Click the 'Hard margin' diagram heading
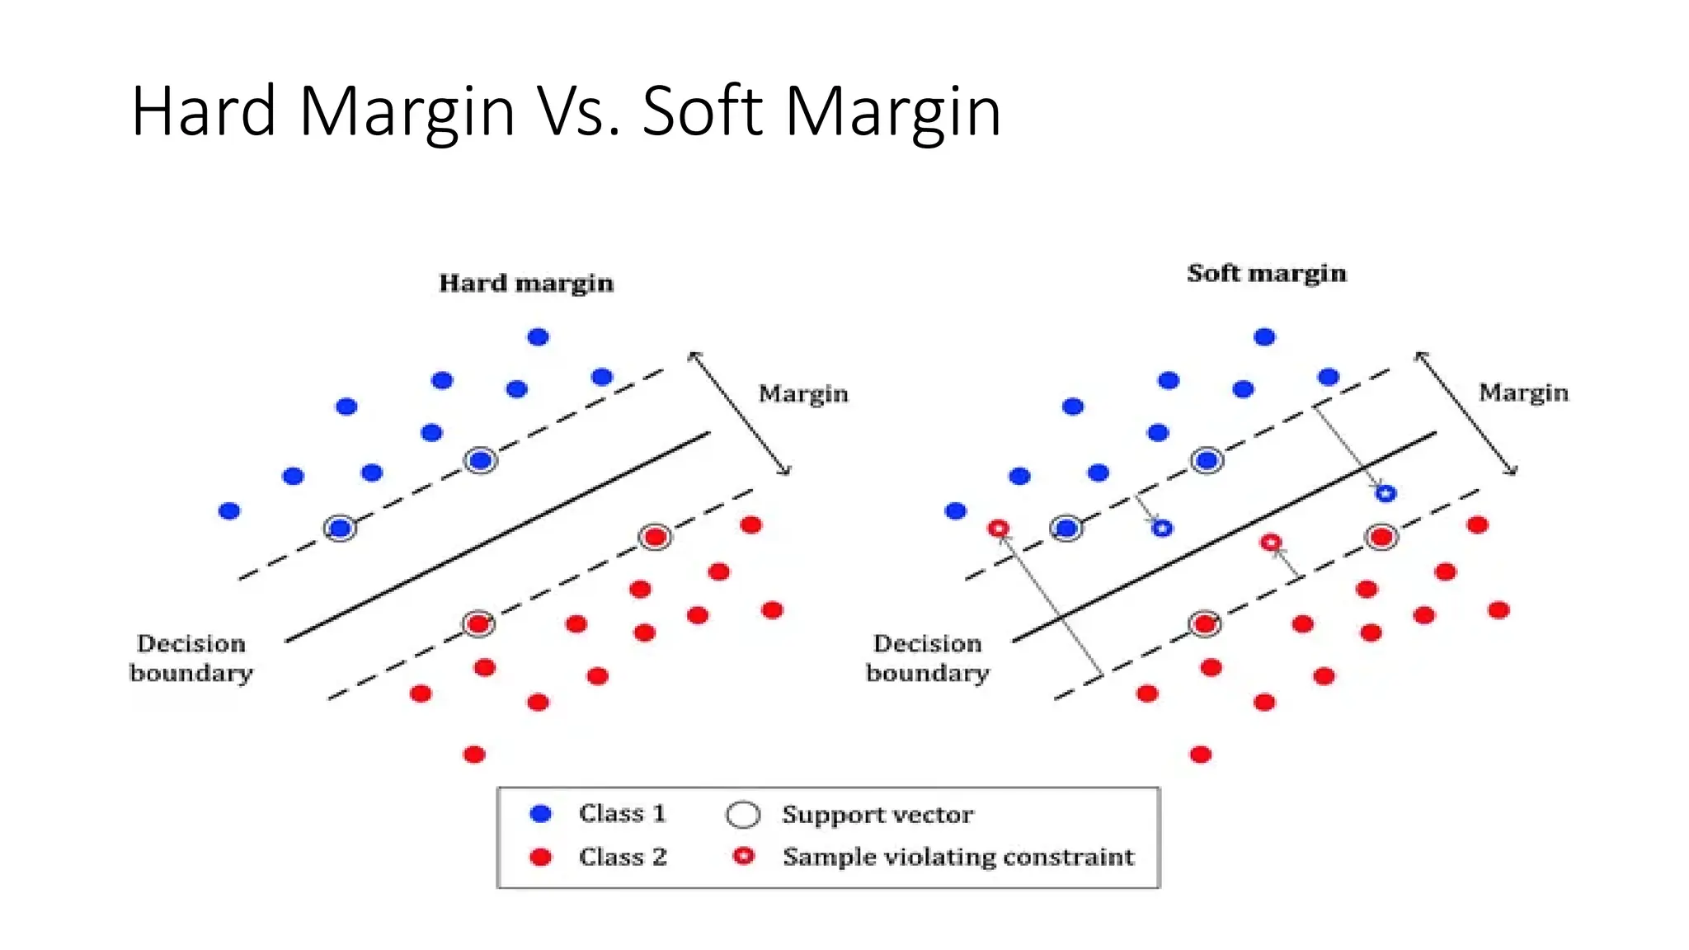[x=526, y=283]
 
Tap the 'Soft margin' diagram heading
[x=1266, y=273]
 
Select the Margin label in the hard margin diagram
[x=802, y=393]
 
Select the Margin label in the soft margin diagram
[x=1522, y=393]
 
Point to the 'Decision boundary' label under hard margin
[x=191, y=658]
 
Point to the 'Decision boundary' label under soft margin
[x=928, y=658]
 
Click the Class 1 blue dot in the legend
[x=541, y=814]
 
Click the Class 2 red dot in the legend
[x=541, y=857]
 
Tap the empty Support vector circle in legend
[x=742, y=815]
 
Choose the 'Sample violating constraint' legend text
[x=957, y=857]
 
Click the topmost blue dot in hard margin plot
[x=538, y=336]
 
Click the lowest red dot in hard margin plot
[x=474, y=754]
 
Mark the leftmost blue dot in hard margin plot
[x=229, y=511]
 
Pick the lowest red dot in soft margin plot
[x=1201, y=754]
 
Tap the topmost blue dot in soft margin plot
[x=1264, y=336]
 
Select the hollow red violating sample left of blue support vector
[x=999, y=528]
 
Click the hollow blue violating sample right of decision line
[x=1386, y=493]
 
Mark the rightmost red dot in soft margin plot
[x=1498, y=610]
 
